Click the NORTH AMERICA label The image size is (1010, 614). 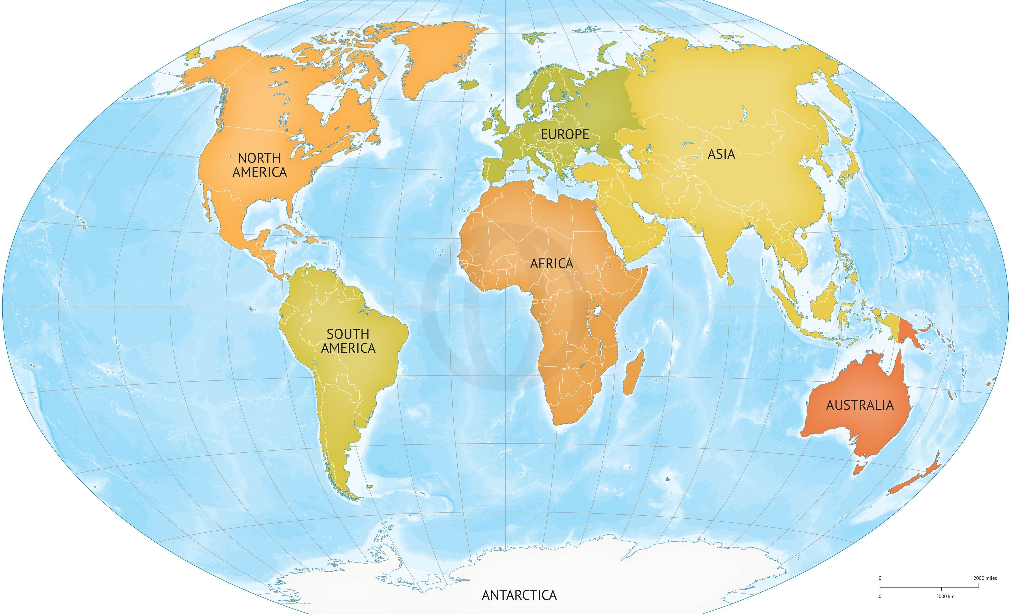coord(259,165)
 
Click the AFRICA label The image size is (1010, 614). coord(552,263)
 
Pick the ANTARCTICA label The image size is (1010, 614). coord(519,595)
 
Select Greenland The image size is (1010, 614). coord(435,53)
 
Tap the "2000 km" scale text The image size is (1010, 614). coord(945,596)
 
